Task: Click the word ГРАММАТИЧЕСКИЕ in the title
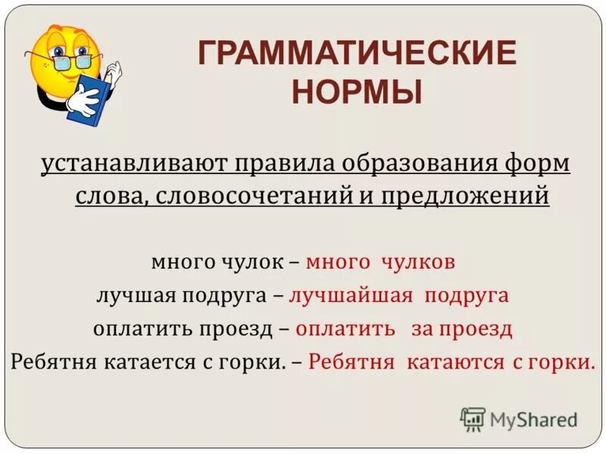tap(357, 55)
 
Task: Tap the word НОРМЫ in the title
tap(357, 92)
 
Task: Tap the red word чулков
tap(419, 262)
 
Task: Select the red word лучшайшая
tap(351, 295)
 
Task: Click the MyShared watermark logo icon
tap(473, 418)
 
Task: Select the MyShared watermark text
tap(533, 419)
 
